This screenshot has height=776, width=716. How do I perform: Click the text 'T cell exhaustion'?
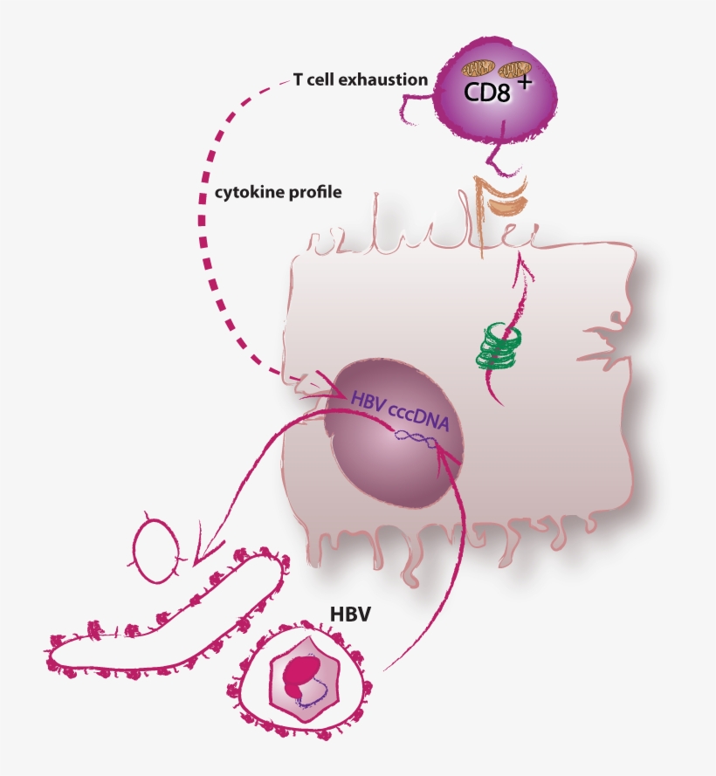(361, 80)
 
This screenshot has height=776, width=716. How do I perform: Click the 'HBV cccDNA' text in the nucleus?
(400, 412)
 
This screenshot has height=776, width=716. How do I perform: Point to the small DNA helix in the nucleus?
(415, 444)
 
